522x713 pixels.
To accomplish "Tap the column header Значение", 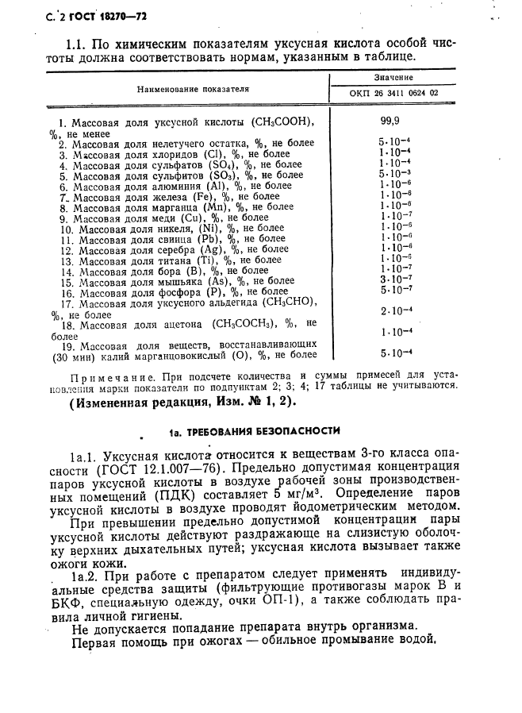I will coord(393,78).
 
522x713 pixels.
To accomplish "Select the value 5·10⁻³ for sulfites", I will coord(394,175).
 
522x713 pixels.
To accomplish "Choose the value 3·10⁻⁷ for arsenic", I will coord(394,279).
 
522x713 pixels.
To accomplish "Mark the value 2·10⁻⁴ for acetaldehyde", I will coord(394,310).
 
